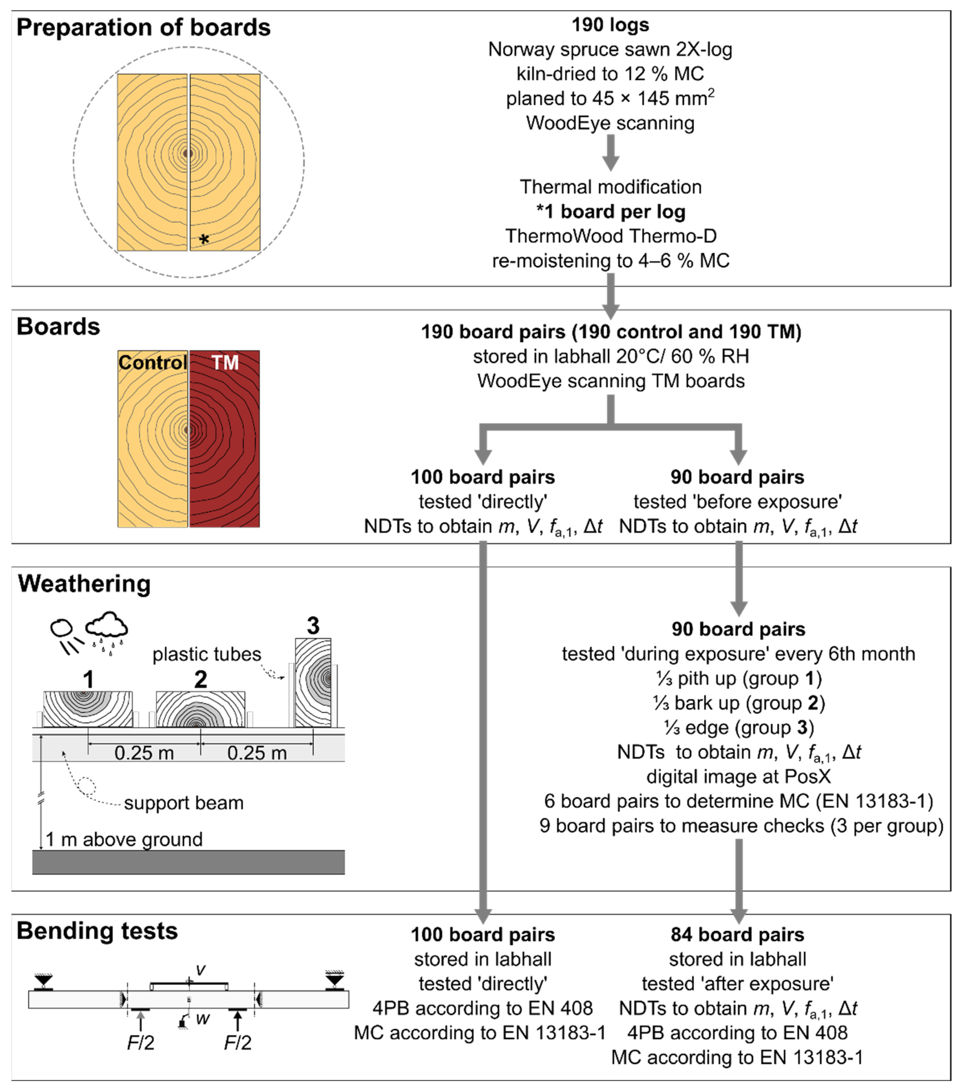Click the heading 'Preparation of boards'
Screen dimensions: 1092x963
point(143,28)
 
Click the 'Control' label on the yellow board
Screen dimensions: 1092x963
point(152,362)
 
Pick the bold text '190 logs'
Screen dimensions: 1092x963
point(610,24)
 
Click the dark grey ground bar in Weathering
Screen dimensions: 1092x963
point(188,862)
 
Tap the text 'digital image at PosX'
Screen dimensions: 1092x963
point(738,776)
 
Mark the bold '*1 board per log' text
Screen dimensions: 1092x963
point(610,212)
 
